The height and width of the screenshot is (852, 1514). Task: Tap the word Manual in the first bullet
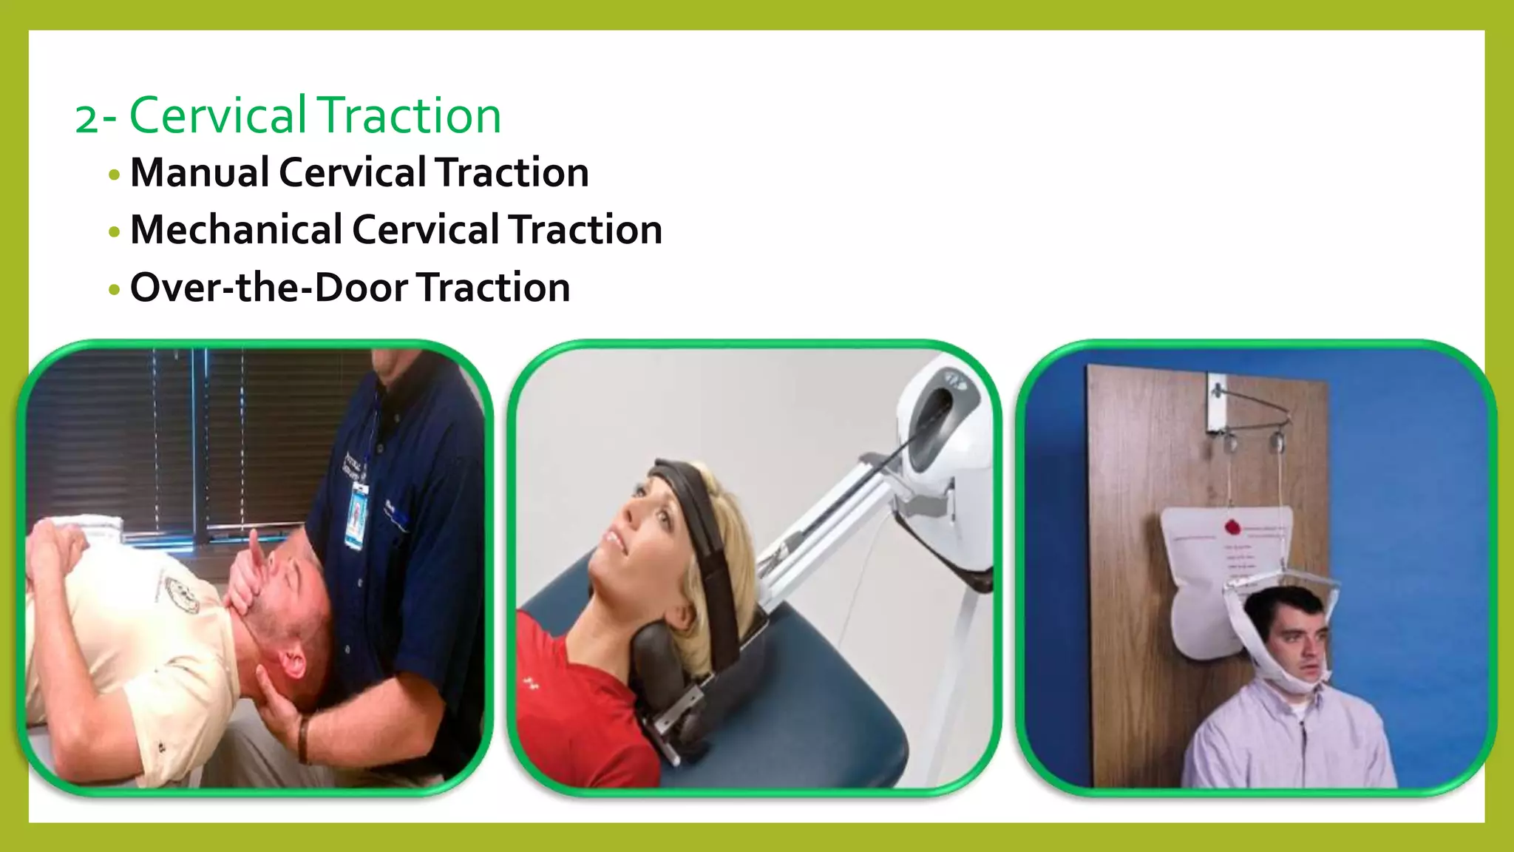(200, 173)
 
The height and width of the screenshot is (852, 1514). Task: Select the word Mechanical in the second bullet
(236, 230)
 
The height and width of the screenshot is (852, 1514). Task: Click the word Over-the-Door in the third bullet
(268, 288)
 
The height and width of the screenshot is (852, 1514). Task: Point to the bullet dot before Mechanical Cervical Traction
(114, 232)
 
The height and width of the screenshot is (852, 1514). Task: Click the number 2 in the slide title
(86, 118)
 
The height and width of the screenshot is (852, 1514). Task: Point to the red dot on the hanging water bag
(1232, 527)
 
